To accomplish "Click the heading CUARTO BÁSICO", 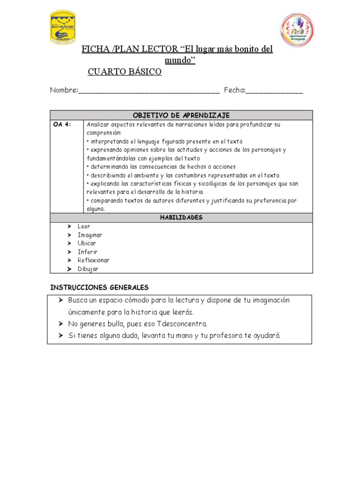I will click(125, 72).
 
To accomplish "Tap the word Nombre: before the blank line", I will click(64, 90).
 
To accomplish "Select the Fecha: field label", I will click(234, 90).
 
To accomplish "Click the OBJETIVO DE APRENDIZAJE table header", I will click(181, 115).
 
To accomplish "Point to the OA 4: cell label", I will click(62, 125).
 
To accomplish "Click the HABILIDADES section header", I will click(181, 217).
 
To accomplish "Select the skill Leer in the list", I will click(84, 226).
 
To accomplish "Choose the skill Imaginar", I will click(90, 235).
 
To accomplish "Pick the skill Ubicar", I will click(87, 243).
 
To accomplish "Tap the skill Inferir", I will click(88, 252).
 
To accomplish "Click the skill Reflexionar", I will click(93, 260).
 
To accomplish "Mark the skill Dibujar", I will click(88, 269).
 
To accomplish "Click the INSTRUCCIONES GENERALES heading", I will click(99, 287).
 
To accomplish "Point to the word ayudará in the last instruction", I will click(267, 336).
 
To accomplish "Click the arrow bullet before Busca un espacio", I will click(61, 300).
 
